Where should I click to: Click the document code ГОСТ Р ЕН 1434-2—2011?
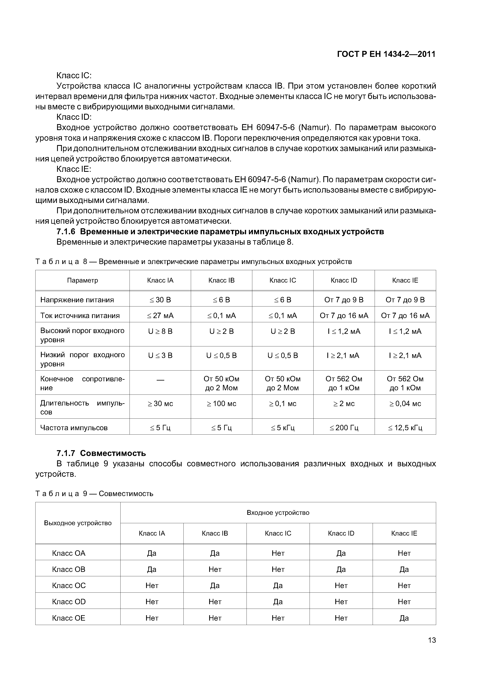[386, 54]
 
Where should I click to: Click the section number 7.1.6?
[66, 232]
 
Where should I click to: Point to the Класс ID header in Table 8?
[344, 280]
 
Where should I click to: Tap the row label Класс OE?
[69, 618]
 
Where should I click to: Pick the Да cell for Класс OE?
[404, 618]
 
